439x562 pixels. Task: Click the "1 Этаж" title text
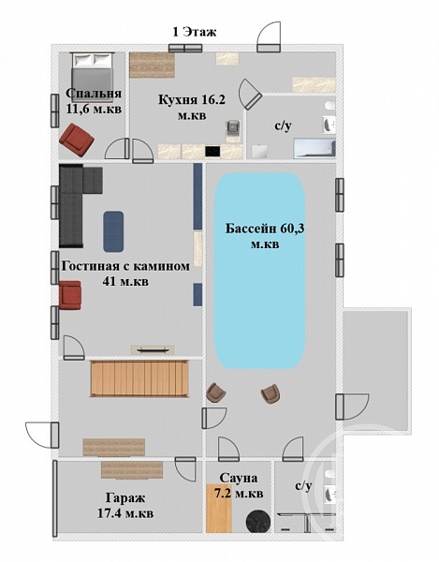[195, 32]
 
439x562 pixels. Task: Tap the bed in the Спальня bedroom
[92, 73]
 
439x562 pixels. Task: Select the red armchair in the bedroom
[76, 140]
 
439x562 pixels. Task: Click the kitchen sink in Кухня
[233, 127]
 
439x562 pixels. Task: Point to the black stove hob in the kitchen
[212, 151]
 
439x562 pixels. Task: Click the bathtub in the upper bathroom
[315, 149]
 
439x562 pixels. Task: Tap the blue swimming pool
[259, 271]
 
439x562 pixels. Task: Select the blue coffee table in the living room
[114, 231]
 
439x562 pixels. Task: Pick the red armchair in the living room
[70, 295]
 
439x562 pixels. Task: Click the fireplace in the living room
[153, 349]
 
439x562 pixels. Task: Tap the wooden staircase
[139, 378]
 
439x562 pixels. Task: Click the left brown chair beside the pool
[216, 392]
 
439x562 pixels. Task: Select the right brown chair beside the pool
[271, 393]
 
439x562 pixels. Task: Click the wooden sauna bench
[219, 509]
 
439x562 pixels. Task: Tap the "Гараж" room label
[125, 498]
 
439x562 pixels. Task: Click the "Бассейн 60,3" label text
[265, 229]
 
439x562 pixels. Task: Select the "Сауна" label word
[239, 478]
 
